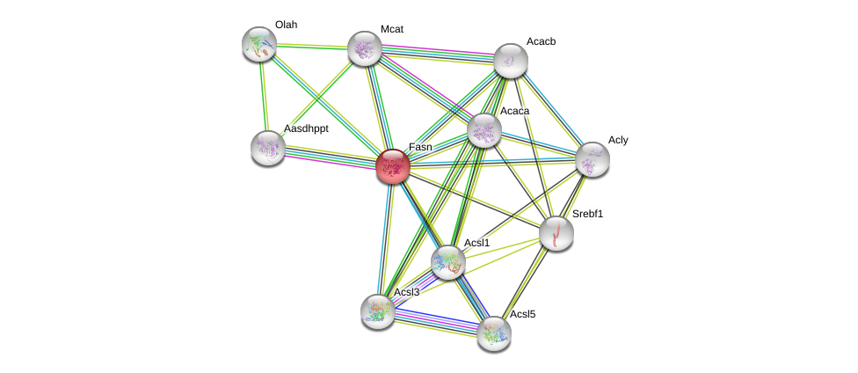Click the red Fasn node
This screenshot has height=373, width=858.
pos(393,166)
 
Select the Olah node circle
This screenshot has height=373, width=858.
pos(259,44)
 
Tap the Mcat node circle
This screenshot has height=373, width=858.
pos(365,48)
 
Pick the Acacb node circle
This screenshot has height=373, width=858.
pos(511,61)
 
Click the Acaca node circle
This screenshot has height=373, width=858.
pos(484,130)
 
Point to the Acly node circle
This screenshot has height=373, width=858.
pos(593,159)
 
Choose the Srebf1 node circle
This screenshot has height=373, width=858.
pos(556,233)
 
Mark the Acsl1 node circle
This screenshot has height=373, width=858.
pos(448,261)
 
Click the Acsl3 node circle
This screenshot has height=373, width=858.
pos(378,311)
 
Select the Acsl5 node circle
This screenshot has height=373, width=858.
pos(494,333)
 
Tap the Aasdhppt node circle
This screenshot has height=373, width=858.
pos(268,148)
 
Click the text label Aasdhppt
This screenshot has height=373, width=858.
pos(306,128)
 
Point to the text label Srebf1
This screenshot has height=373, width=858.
pos(587,214)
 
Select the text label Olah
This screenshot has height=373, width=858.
pos(286,25)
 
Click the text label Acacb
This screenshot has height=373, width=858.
pos(540,41)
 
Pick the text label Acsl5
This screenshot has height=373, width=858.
pos(522,314)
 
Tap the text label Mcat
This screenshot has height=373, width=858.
pos(391,29)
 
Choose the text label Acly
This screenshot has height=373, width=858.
pos(618,140)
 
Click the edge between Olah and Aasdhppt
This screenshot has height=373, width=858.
pos(264,96)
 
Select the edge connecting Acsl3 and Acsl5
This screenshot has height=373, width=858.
pos(436,322)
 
